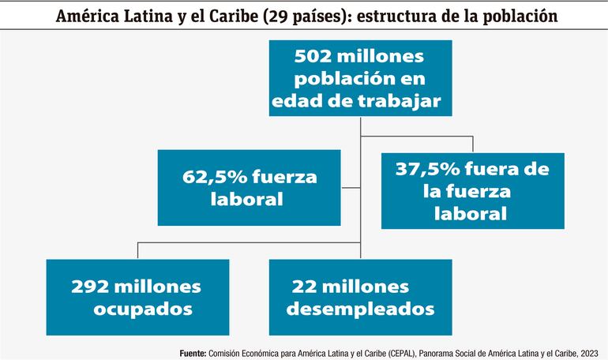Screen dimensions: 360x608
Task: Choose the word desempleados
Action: pos(361,308)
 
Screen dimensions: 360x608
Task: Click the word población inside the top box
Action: pos(323,79)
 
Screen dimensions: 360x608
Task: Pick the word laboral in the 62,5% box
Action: pos(246,200)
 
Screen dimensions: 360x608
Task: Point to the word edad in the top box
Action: pos(294,100)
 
